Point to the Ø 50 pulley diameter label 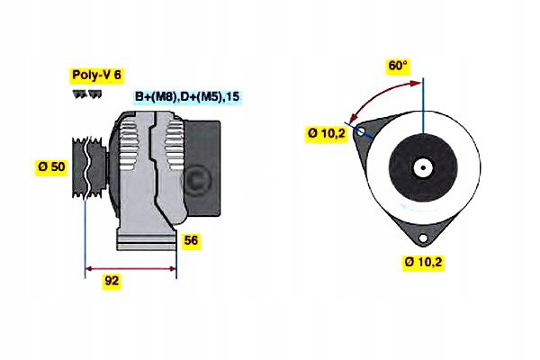point(52,167)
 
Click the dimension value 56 point(191,241)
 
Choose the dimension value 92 point(112,281)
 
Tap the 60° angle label point(398,66)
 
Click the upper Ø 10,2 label point(325,133)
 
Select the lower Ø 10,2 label point(426,263)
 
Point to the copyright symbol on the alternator point(194,179)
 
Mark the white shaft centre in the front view point(422,167)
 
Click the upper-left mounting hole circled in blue point(361,132)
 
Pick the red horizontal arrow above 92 point(130,267)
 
